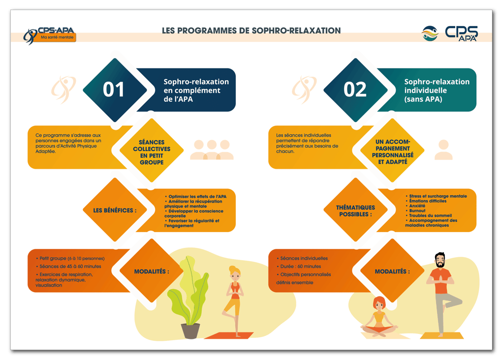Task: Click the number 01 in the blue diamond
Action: tap(114, 90)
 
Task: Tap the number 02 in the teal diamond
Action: tap(355, 90)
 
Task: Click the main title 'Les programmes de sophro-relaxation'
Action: tap(251, 30)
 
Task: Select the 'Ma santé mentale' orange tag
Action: tap(57, 38)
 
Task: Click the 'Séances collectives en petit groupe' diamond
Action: tap(151, 152)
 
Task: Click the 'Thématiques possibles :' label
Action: tap(355, 210)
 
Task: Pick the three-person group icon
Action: tap(212, 150)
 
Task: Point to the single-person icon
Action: tap(443, 150)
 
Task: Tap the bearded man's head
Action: tap(441, 261)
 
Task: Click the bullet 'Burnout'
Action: tap(417, 210)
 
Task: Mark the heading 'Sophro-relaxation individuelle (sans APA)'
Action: tap(437, 90)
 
